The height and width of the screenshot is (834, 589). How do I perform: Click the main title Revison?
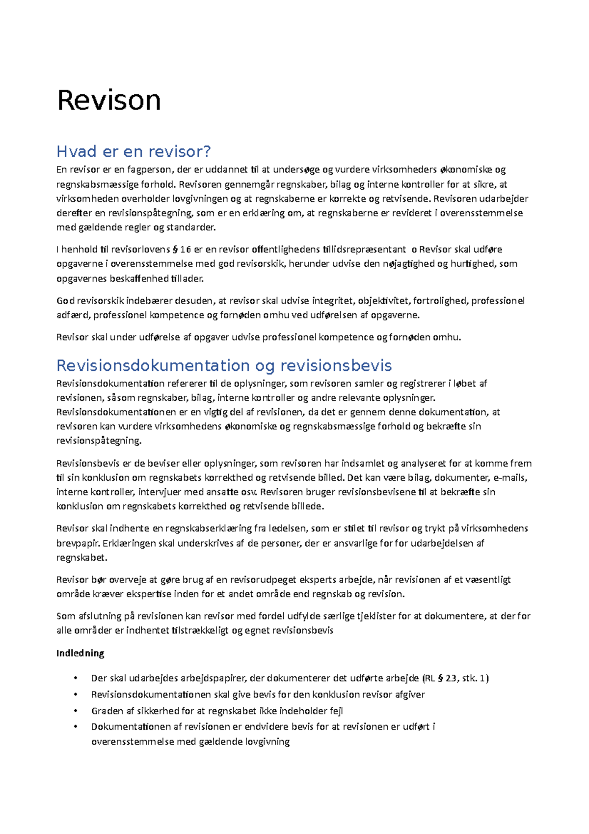pos(109,100)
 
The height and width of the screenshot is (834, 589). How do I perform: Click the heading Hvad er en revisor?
pos(134,151)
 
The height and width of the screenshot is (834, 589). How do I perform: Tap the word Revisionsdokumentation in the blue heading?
pos(153,365)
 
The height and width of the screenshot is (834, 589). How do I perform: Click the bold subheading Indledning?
pos(80,653)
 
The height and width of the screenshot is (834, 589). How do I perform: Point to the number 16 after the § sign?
pos(185,250)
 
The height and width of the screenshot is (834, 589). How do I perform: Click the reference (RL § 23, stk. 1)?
pos(455,678)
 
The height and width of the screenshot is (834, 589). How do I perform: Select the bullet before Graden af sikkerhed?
pos(76,711)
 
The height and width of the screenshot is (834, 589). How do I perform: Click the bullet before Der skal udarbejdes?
pos(76,678)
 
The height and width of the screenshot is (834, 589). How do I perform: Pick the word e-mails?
pos(510,478)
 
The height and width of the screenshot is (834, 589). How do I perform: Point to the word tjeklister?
pos(376,616)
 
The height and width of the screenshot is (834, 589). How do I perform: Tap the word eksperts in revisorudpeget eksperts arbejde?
pos(311,580)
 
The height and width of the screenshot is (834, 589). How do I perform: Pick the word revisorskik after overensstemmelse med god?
pos(261,264)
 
